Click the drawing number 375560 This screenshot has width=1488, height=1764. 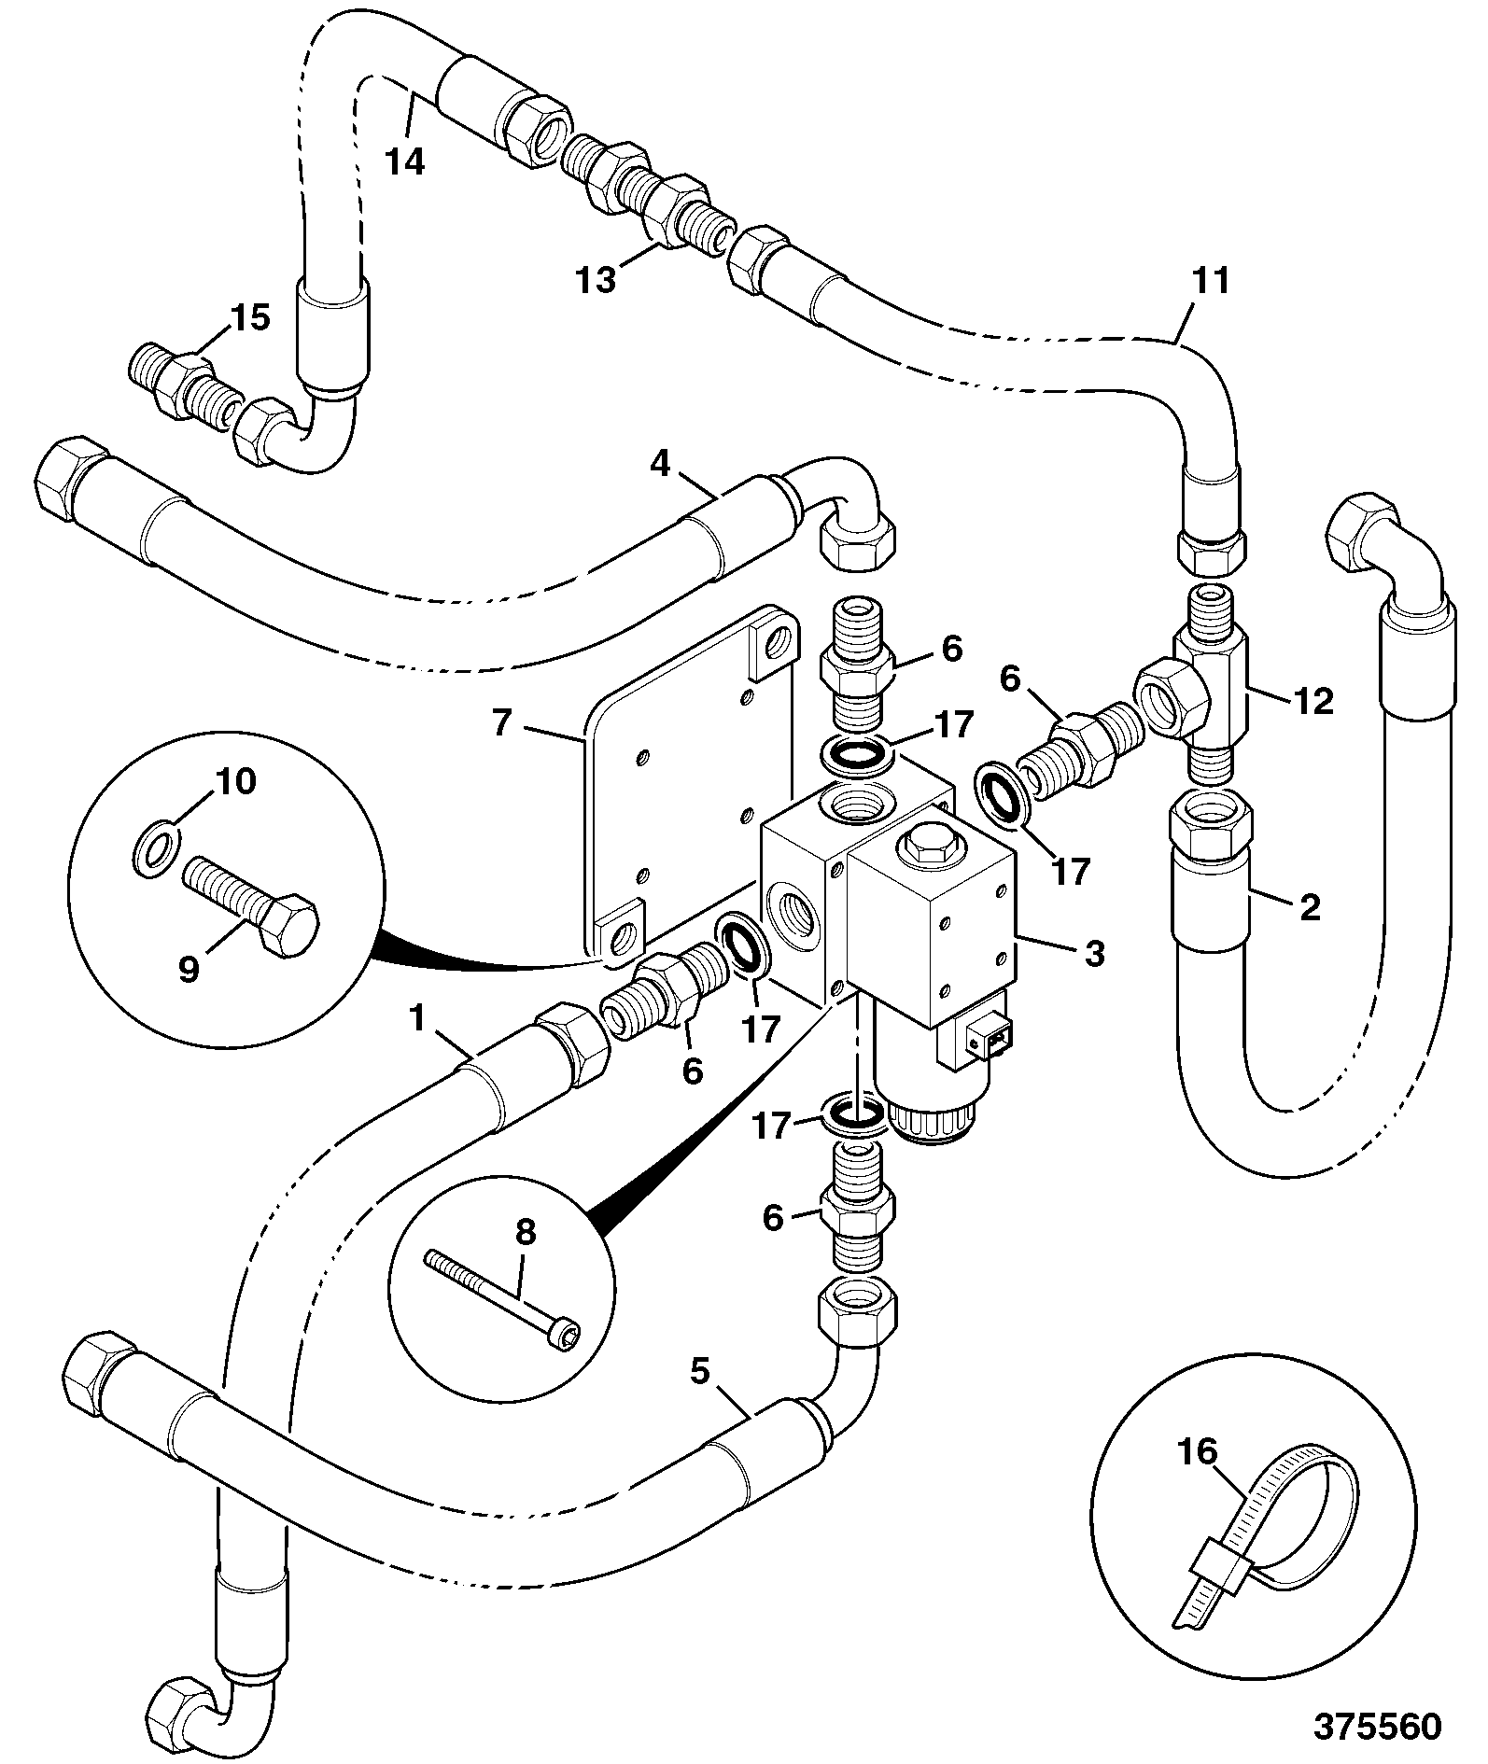1377,1726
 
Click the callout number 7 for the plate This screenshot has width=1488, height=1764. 502,722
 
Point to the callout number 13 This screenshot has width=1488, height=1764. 597,278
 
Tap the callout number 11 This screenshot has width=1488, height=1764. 1211,280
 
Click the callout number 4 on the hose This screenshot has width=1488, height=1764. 660,464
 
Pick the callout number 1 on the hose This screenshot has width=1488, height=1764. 416,1018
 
